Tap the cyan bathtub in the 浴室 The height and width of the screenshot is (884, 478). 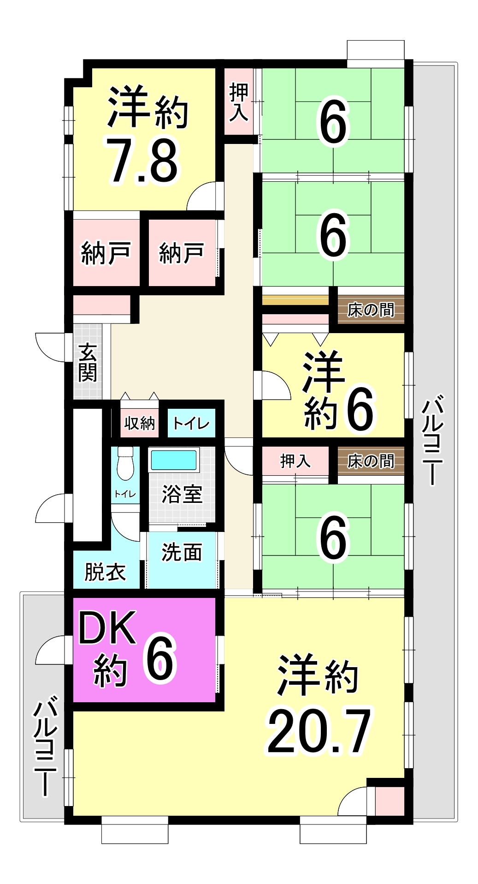tap(174, 460)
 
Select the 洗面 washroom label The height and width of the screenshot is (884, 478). tap(182, 552)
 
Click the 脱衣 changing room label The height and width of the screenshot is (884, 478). tap(105, 572)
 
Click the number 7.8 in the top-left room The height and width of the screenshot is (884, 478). tap(142, 160)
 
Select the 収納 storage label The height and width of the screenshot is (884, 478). tap(140, 423)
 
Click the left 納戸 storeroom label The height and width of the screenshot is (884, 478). tap(106, 253)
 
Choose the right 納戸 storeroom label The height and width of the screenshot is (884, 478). tap(181, 253)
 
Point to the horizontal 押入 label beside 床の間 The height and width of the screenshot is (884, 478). tap(295, 461)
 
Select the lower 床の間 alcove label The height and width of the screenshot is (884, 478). tap(371, 461)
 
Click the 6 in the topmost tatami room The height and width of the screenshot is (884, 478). tap(333, 122)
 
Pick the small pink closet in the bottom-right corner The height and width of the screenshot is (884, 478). tap(389, 801)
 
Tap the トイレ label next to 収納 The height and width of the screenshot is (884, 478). tap(191, 423)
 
